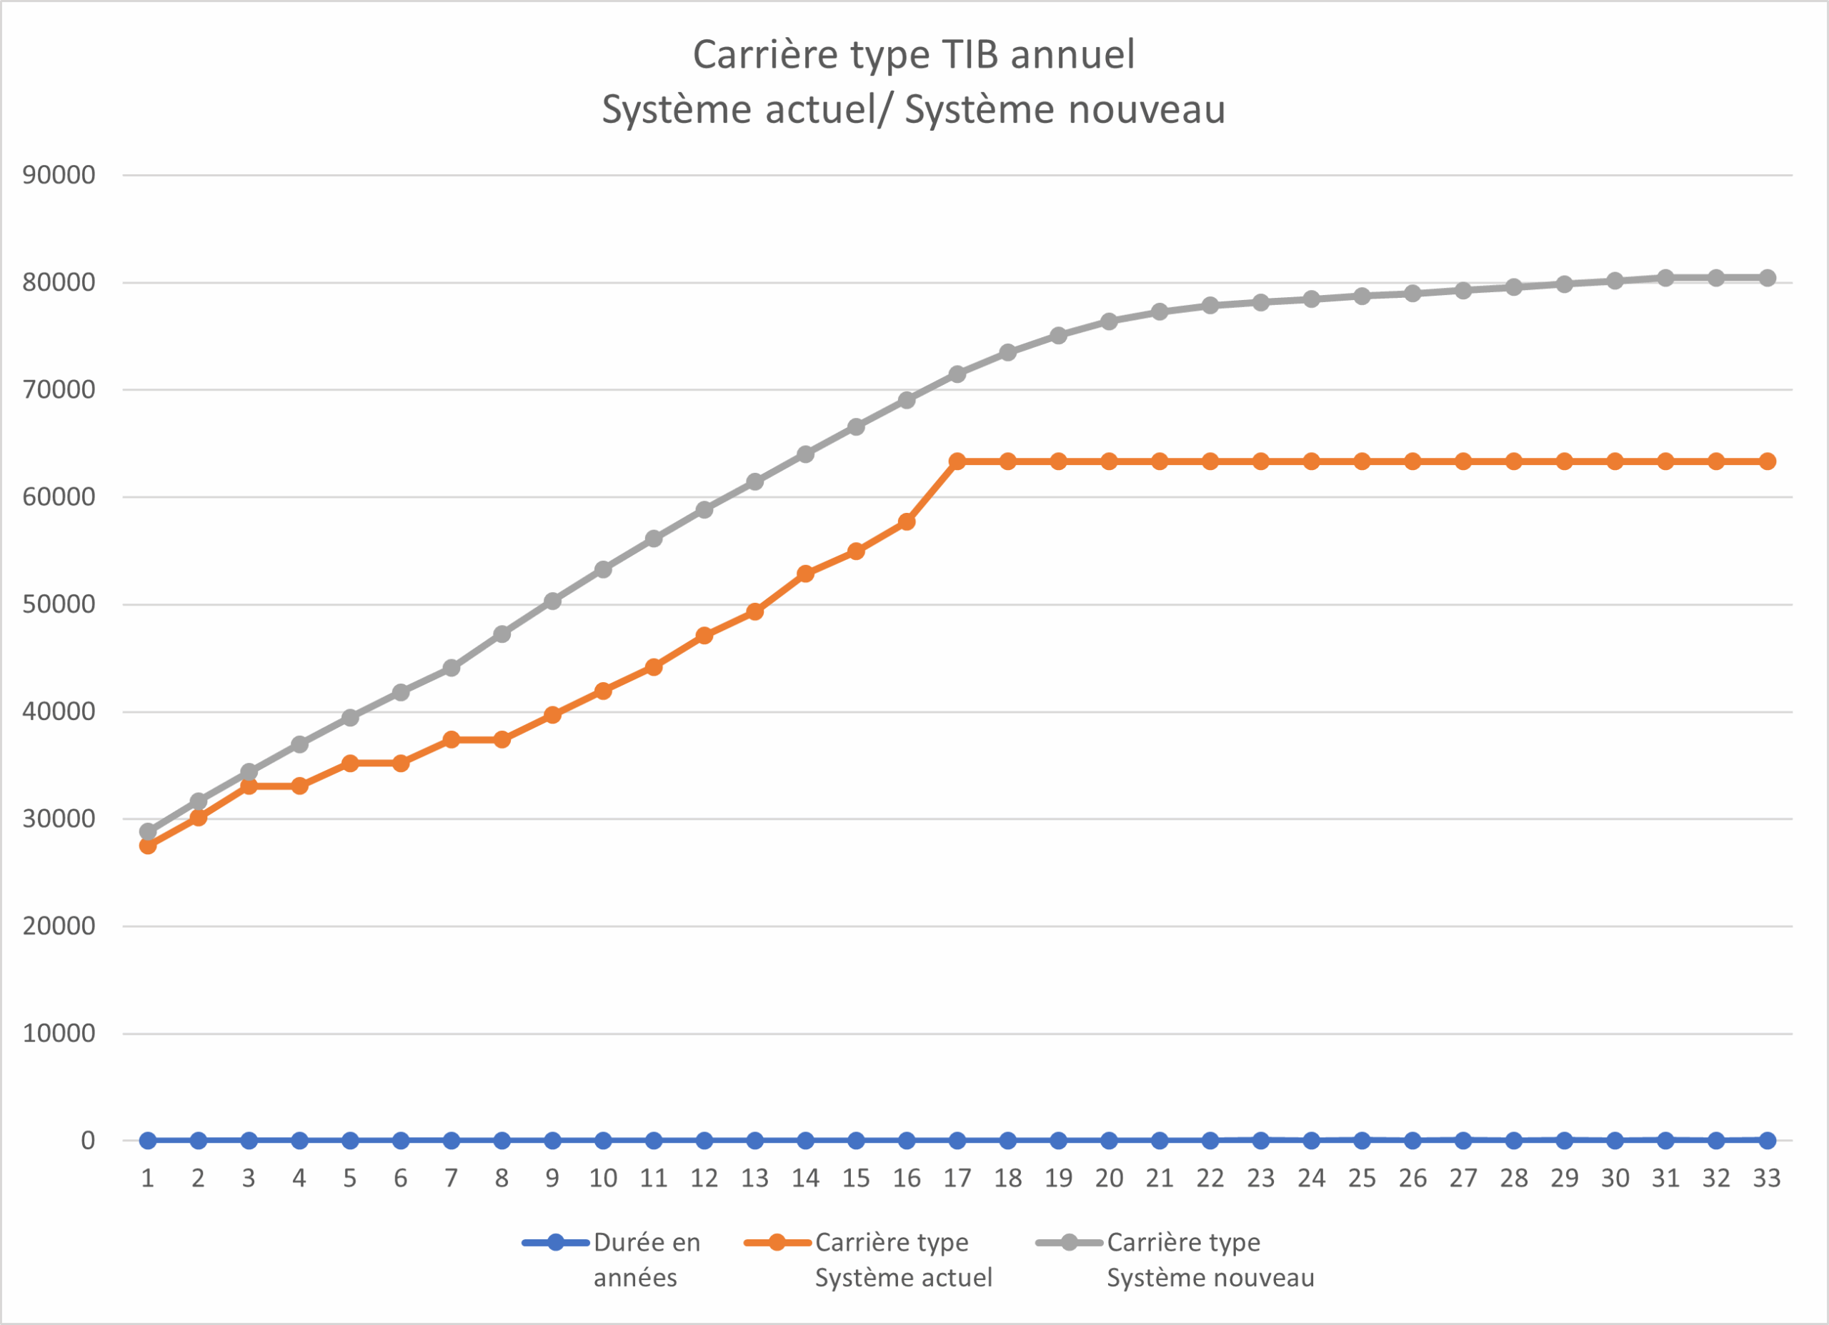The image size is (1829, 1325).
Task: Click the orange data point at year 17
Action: click(x=957, y=461)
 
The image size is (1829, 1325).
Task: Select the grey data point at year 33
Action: click(x=1767, y=277)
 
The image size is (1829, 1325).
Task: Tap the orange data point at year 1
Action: click(x=148, y=845)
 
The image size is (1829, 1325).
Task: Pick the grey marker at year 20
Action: click(x=1109, y=321)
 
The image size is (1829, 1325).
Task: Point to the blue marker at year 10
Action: click(x=603, y=1140)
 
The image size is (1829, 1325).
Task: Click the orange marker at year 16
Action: click(x=907, y=521)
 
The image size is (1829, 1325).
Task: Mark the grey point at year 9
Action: click(x=552, y=601)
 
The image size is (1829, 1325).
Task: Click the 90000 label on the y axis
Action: click(x=59, y=175)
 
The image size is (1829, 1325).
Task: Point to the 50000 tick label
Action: click(x=59, y=604)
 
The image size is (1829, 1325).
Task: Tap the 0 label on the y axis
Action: click(x=88, y=1140)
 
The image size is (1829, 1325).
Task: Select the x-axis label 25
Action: click(x=1362, y=1179)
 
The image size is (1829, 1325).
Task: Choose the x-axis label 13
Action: click(x=755, y=1179)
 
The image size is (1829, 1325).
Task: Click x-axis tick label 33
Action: click(x=1767, y=1179)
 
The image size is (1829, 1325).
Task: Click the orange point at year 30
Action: click(x=1615, y=461)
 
